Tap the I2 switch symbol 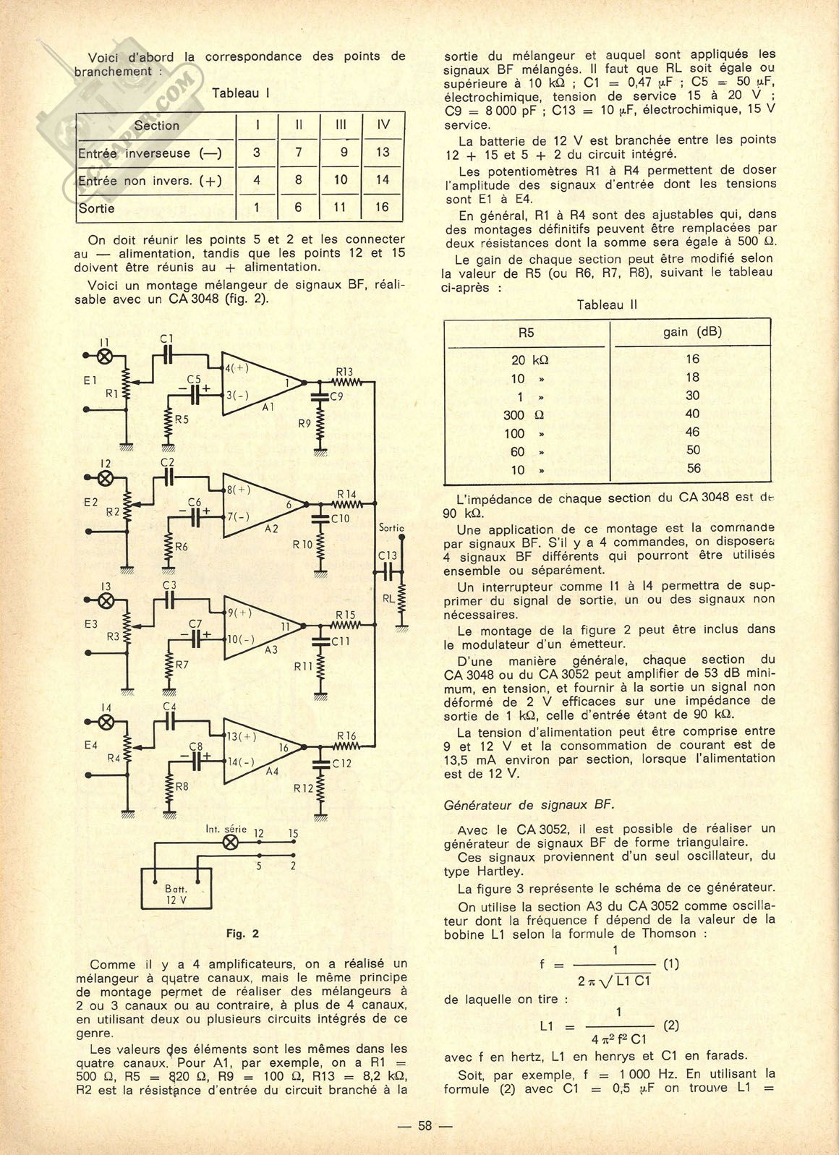click(x=106, y=477)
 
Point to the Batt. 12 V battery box click(x=176, y=894)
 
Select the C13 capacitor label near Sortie click(x=388, y=555)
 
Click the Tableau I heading click(x=241, y=93)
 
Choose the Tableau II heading click(x=606, y=304)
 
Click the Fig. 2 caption click(x=242, y=934)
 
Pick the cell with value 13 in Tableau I click(x=383, y=152)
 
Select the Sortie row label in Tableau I click(x=96, y=208)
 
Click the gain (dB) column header click(x=692, y=332)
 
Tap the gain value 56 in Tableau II click(x=693, y=469)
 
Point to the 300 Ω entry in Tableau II click(x=524, y=414)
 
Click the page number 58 click(x=425, y=1126)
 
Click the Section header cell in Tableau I click(x=156, y=125)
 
